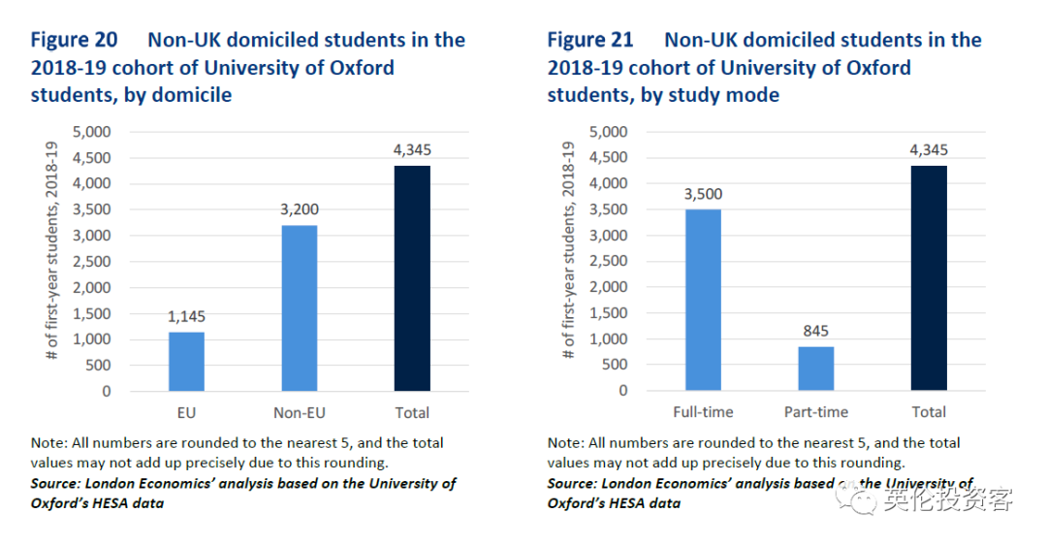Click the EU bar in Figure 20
coord(186,361)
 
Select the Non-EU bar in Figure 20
coord(299,307)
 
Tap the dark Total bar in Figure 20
coord(412,278)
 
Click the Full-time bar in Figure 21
coord(703,300)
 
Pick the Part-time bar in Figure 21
coord(815,369)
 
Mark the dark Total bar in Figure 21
coord(929,278)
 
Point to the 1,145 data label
coord(186,316)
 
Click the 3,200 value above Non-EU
coord(299,209)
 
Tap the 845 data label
coord(815,331)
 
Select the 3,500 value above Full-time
coord(703,194)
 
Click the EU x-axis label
coord(186,412)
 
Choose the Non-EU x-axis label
coord(299,412)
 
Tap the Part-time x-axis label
coord(815,412)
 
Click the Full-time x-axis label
coord(703,412)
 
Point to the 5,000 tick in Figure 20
coord(93,132)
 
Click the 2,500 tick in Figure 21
coord(610,262)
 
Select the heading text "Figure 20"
coord(74,41)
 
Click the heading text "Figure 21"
coord(590,41)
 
